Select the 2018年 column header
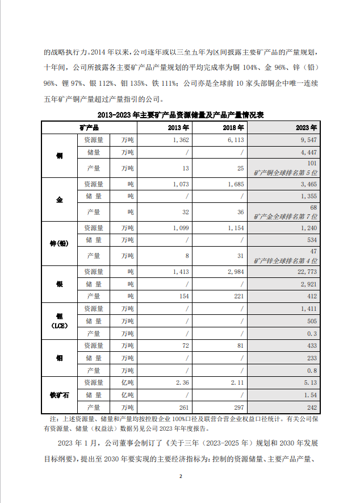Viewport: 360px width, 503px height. (x=232, y=127)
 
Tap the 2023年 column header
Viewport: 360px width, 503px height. (x=307, y=127)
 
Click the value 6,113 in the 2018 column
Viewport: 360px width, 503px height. (x=235, y=139)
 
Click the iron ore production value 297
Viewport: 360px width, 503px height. (x=238, y=407)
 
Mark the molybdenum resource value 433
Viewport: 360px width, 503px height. (x=312, y=346)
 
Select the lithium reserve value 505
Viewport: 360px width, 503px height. (x=312, y=321)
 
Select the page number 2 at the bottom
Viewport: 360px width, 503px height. (x=180, y=476)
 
